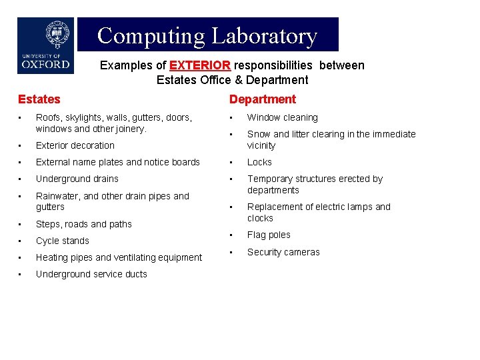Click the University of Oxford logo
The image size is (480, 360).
45,45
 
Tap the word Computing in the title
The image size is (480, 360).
151,35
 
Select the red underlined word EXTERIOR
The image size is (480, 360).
200,65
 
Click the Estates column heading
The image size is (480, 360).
39,99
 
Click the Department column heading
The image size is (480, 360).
262,99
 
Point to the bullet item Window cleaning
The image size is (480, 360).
282,117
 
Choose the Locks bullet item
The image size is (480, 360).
259,162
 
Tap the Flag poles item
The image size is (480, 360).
269,235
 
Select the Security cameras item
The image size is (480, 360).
283,252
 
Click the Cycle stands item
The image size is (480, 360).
62,241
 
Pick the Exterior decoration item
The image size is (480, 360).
75,145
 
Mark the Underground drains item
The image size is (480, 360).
77,179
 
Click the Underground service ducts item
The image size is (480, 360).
91,274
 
